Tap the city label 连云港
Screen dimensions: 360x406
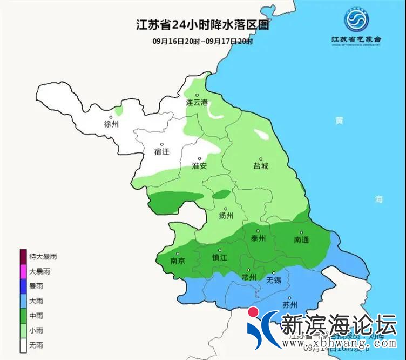197,102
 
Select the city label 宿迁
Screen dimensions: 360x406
161,151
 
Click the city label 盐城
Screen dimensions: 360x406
261,166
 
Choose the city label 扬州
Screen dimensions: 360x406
226,216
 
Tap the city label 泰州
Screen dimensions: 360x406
259,238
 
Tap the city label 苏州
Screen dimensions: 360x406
290,304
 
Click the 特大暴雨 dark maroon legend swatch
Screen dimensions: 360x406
23,256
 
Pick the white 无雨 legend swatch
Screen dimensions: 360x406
23,344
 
